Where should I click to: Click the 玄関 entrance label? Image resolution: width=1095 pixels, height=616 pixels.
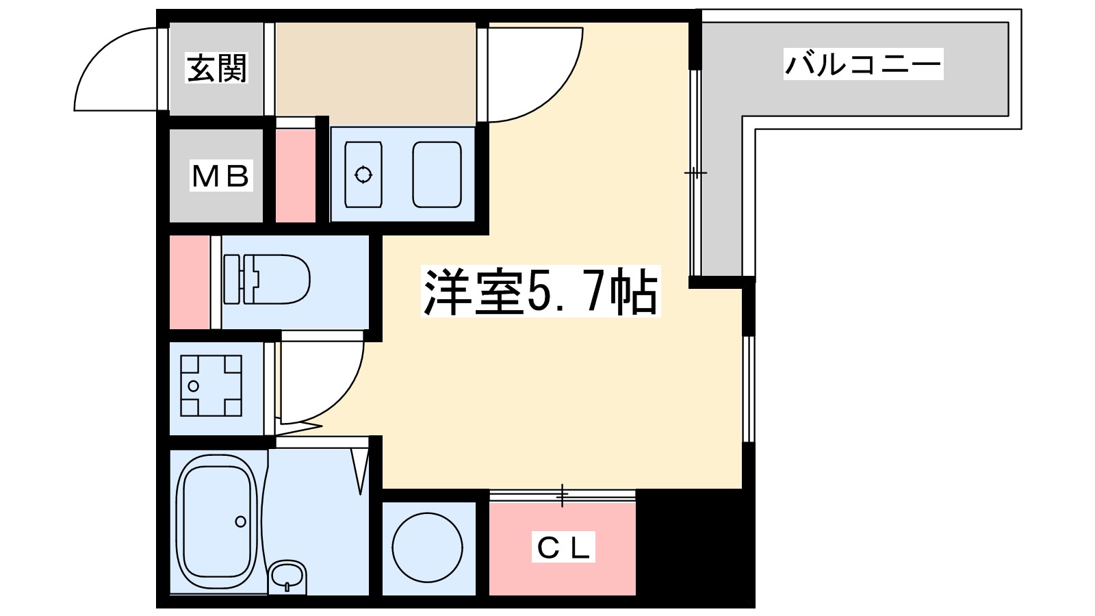coord(216,68)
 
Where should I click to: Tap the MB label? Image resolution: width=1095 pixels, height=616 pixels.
coord(220,176)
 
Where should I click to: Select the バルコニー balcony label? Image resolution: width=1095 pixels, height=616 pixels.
coord(863,64)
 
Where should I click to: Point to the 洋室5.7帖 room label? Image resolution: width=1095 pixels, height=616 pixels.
coord(541,292)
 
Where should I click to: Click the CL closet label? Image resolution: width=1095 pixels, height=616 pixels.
coord(563,547)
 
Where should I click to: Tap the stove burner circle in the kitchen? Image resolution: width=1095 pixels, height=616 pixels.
coord(363,175)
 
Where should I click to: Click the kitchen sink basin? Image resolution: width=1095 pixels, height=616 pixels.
coord(437,175)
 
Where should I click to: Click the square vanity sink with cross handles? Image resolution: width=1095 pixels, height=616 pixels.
coord(211,386)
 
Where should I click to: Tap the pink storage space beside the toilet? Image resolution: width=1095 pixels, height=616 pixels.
coord(189,282)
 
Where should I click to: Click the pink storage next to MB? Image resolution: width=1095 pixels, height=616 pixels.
coord(295,176)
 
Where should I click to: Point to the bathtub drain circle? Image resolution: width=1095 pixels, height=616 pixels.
coord(240,522)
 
